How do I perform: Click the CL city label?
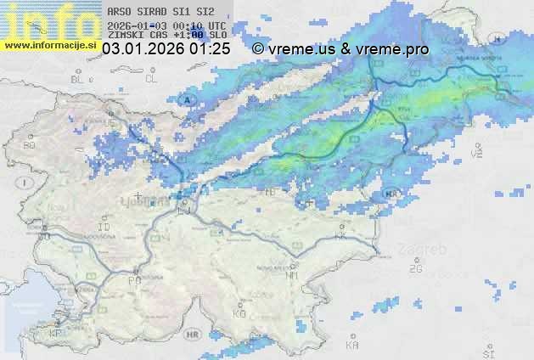click(x=152, y=79)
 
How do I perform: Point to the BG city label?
click(x=29, y=145)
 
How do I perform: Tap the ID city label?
click(x=104, y=228)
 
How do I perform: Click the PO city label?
click(x=133, y=279)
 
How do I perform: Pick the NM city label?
click(x=292, y=275)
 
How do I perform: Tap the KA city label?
click(x=351, y=346)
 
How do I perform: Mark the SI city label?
click(x=487, y=352)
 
